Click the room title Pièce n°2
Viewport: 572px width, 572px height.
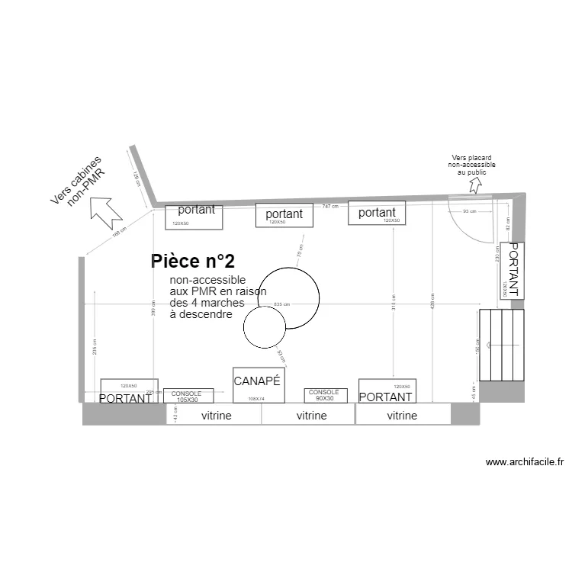(x=192, y=262)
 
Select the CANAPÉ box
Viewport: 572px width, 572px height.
(x=258, y=385)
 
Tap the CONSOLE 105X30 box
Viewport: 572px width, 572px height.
(x=188, y=396)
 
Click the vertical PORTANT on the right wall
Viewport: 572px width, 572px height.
(x=511, y=270)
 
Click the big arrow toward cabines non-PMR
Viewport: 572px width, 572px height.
(x=108, y=211)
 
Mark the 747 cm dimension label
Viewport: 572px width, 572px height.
(x=330, y=207)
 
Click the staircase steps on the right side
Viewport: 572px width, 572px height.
(x=502, y=345)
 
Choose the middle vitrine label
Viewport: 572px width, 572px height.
(x=311, y=416)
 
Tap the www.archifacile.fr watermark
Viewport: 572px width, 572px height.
(x=524, y=462)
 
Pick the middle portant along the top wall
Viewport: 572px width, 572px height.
(x=284, y=215)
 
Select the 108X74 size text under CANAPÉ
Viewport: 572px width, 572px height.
(x=256, y=398)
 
